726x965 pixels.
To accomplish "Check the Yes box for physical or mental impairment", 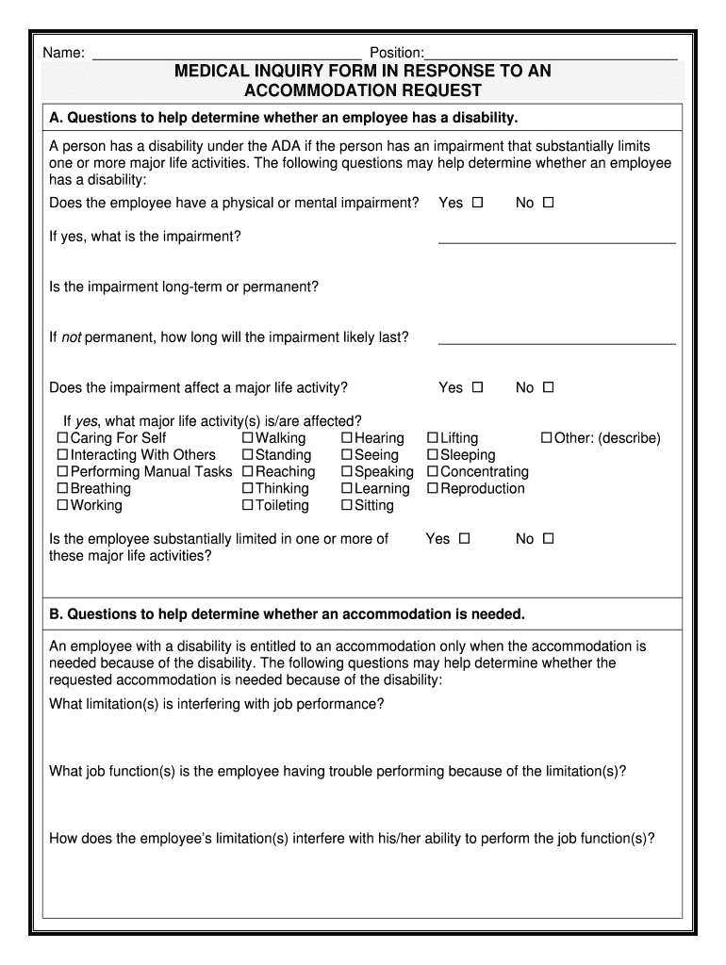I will (477, 203).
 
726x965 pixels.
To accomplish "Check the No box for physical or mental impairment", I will (548, 203).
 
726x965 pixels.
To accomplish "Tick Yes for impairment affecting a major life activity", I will (477, 387).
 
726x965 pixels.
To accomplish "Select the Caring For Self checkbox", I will (63, 438).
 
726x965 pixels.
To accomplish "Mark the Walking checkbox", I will (248, 438).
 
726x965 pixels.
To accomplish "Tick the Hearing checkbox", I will (347, 438).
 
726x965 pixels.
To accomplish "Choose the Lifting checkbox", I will (433, 438).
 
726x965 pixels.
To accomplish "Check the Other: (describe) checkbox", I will (546, 438).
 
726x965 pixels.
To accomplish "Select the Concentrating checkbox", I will (433, 472).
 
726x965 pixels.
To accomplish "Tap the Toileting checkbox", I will (248, 506).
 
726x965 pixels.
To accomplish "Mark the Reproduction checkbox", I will (433, 489).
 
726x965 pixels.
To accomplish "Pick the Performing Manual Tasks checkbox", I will (63, 472).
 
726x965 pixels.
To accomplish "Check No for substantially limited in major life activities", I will (548, 539).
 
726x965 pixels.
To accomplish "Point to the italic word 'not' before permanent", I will (71, 337).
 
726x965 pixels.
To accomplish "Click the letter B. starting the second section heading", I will (56, 614).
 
